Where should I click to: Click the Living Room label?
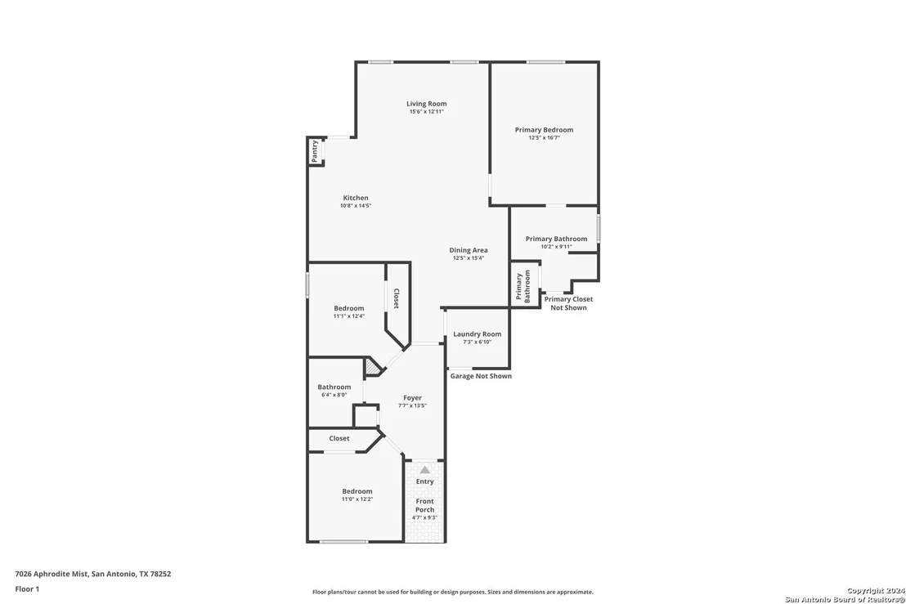point(426,104)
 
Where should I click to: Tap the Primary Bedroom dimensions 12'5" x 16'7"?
point(544,138)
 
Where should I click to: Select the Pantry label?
point(315,151)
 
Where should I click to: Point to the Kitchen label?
point(356,198)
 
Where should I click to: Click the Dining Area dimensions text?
point(468,258)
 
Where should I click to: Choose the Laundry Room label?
point(478,333)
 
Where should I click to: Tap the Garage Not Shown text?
point(481,376)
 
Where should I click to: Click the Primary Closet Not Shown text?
point(568,303)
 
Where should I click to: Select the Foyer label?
point(413,398)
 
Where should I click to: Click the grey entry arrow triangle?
point(424,469)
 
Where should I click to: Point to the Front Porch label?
point(424,505)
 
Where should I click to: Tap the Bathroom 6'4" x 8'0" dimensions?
point(334,395)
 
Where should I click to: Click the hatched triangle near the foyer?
point(371,366)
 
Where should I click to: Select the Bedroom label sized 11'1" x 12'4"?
point(349,308)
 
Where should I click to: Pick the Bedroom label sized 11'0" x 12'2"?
point(357,491)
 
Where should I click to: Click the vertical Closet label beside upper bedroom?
point(397,298)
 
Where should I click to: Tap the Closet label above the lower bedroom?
point(339,438)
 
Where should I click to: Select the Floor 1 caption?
point(27,589)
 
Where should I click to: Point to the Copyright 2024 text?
point(876,591)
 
